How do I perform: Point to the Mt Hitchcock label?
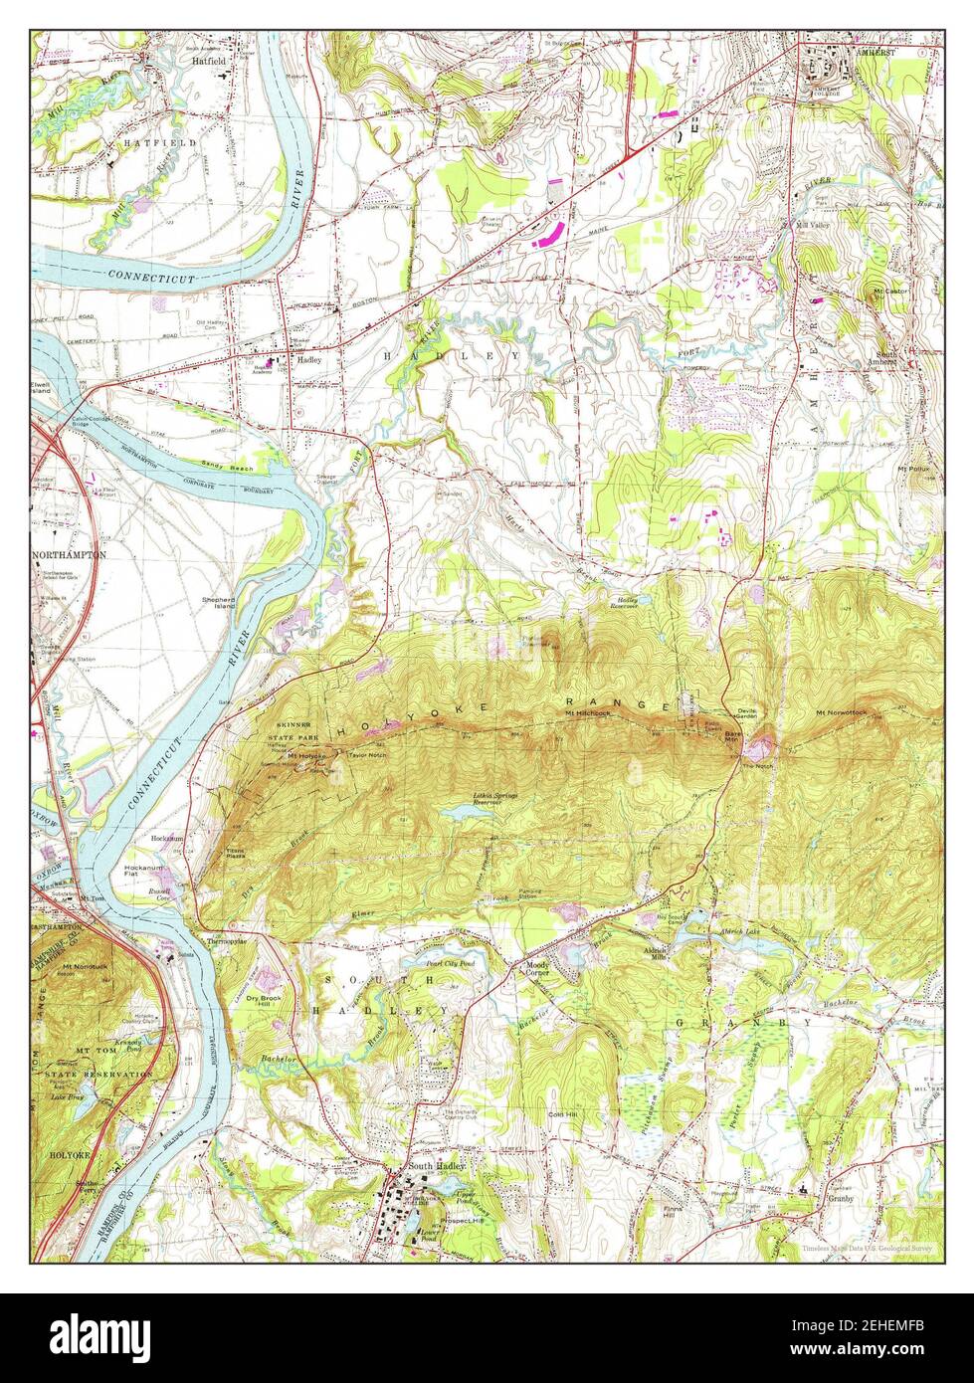tap(585, 713)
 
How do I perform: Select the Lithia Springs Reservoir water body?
tap(463, 812)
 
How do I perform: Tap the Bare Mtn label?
tap(732, 737)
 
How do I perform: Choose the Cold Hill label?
tap(562, 1114)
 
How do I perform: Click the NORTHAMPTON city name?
tap(68, 554)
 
